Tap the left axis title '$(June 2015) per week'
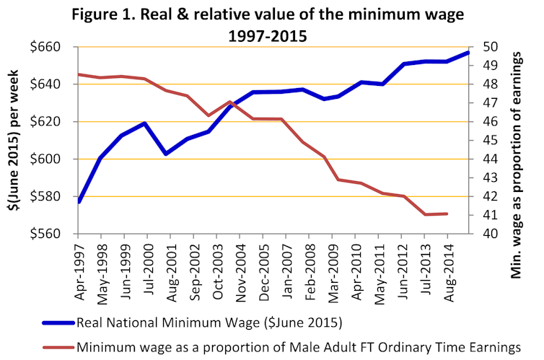(14, 141)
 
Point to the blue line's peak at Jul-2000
(146, 123)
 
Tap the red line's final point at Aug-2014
(447, 214)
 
